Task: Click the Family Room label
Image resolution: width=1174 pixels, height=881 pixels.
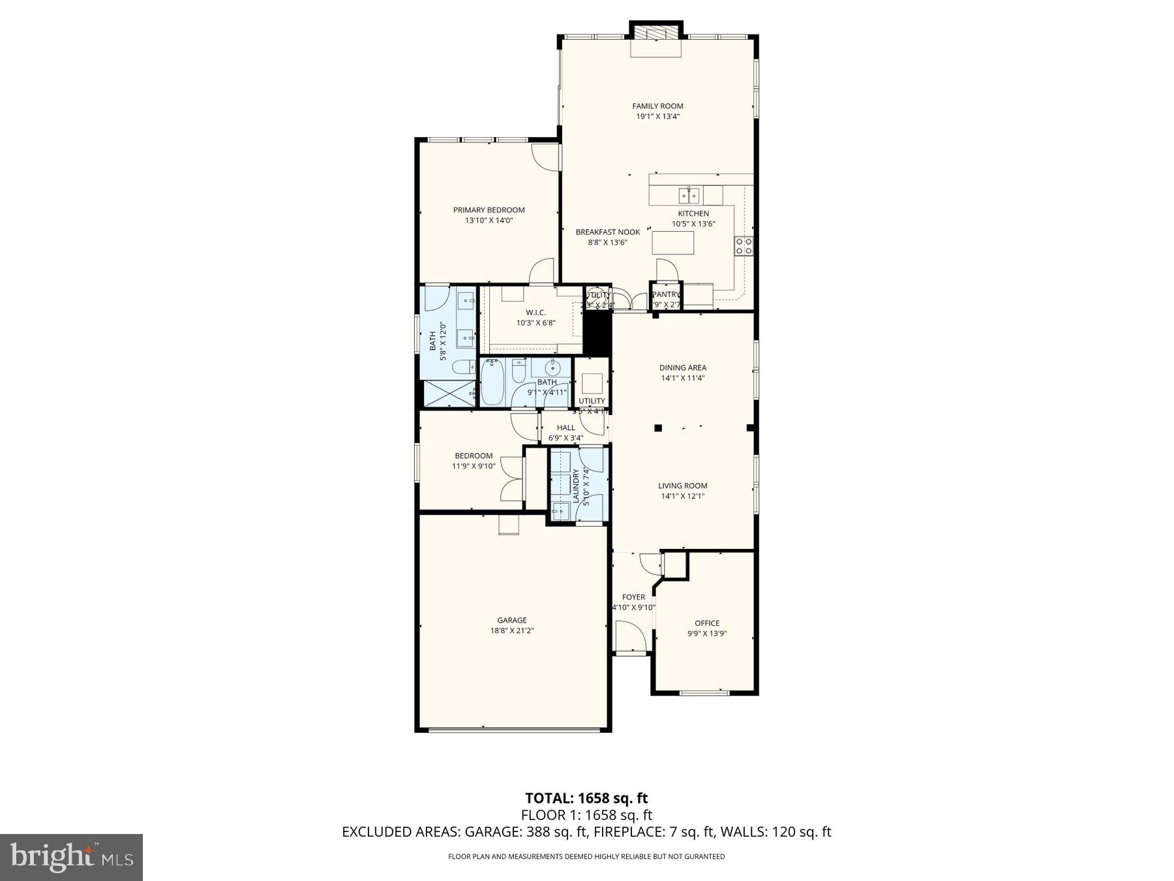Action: [657, 106]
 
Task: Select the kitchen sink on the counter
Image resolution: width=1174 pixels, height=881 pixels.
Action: [689, 194]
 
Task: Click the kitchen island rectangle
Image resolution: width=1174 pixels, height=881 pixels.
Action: [673, 243]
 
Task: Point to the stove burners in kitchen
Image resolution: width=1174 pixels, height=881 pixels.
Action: [744, 246]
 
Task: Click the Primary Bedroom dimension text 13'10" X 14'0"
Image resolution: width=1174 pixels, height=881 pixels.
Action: [489, 221]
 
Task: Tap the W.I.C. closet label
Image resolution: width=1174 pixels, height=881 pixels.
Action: [535, 312]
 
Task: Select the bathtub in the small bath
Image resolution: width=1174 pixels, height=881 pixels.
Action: [492, 382]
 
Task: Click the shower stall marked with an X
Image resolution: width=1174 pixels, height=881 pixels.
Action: [449, 394]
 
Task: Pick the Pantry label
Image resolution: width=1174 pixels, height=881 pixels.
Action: [665, 294]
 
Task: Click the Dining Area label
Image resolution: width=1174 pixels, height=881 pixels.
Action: [682, 367]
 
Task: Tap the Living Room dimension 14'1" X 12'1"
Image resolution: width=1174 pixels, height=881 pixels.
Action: [682, 496]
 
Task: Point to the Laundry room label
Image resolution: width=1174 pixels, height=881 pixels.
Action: [576, 486]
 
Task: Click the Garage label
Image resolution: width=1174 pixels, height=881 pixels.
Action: [512, 620]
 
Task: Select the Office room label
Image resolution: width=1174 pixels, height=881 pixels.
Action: [707, 623]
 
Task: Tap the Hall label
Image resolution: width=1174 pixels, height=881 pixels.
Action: [566, 427]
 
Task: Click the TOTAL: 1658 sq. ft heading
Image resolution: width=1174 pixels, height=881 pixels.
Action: [586, 798]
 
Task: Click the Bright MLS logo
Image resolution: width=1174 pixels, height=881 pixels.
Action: [71, 857]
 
